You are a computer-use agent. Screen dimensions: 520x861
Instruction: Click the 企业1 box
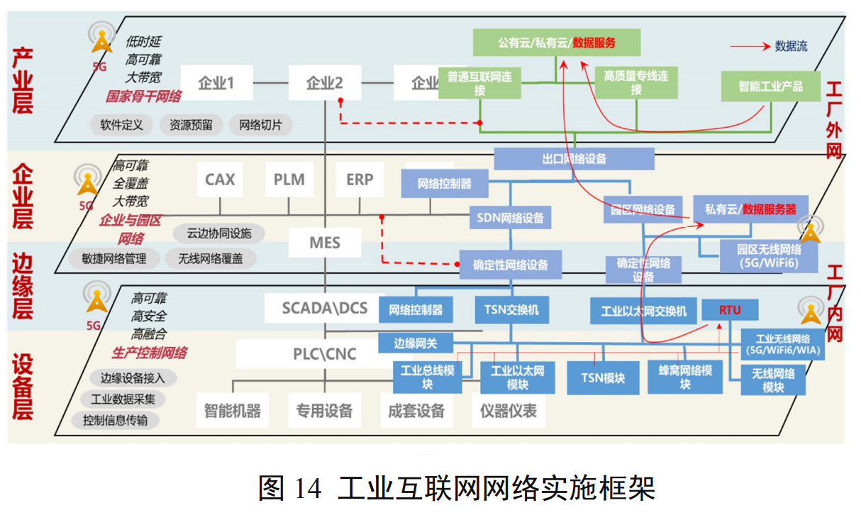[x=216, y=83]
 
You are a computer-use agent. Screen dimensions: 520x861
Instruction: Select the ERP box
[x=360, y=180]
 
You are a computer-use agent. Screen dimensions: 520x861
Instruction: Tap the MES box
[x=324, y=243]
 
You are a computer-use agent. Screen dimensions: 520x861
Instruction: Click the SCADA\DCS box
[x=325, y=307]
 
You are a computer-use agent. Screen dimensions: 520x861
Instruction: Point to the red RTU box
[x=730, y=310]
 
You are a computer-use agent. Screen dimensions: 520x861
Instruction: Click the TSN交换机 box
[x=511, y=310]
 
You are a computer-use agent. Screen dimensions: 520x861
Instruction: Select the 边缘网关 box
[x=416, y=343]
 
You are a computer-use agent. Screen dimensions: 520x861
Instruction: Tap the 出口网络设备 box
[x=574, y=159]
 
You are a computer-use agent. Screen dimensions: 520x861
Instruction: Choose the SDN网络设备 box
[x=511, y=217]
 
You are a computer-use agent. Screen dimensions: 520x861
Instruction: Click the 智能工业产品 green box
[x=770, y=86]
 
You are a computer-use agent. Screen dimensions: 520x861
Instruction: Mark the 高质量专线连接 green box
[x=636, y=82]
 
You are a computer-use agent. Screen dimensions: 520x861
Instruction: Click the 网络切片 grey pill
[x=260, y=125]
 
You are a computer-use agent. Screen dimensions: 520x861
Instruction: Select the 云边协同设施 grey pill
[x=213, y=233]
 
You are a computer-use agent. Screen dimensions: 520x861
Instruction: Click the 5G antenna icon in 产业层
[x=101, y=41]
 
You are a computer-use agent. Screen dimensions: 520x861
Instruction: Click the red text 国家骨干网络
[x=144, y=96]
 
